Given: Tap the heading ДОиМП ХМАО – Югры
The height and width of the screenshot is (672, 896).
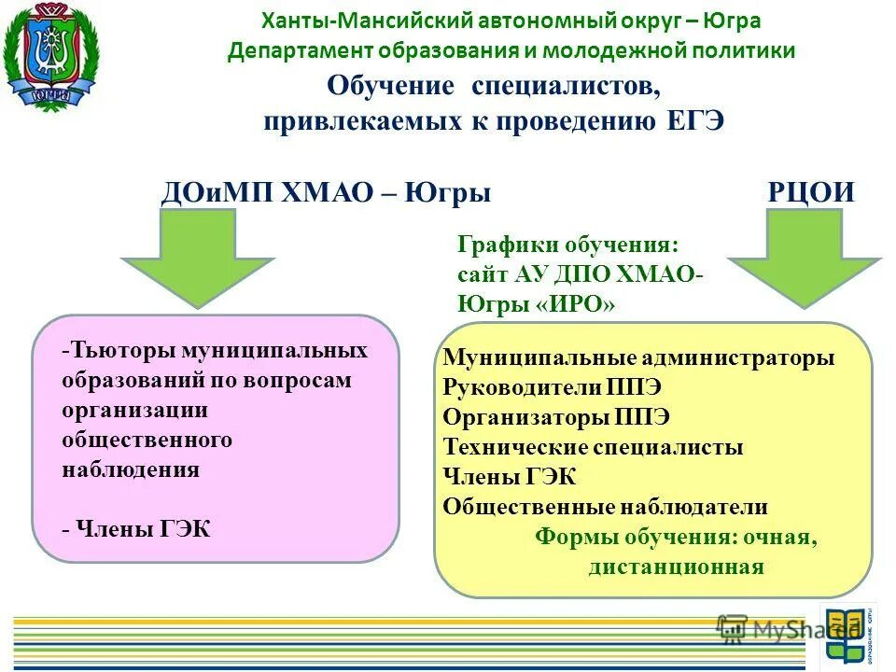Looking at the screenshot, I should (327, 193).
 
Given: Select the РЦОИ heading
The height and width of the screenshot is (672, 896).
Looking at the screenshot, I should (811, 193).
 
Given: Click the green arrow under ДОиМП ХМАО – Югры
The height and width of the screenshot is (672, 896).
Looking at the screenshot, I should (198, 258).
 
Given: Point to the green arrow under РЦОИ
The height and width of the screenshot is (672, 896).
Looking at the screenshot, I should (805, 258).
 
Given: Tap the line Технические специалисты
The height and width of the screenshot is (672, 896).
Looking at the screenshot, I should (593, 447).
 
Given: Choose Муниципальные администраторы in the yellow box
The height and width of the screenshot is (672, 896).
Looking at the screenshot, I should (638, 357).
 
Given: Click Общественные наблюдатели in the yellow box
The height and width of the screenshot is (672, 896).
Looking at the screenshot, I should (605, 507).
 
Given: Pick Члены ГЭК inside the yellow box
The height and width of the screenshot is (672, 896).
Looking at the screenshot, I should (510, 477).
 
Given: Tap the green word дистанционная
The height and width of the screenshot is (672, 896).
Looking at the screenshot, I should (676, 567).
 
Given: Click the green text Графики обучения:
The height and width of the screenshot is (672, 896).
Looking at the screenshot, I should (568, 245).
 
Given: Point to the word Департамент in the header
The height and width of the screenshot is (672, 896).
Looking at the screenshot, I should (293, 50).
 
